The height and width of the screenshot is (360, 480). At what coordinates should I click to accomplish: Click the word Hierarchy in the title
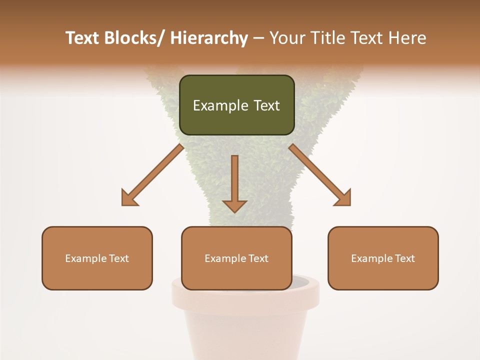[209, 38]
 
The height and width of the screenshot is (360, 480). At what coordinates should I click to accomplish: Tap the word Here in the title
[407, 38]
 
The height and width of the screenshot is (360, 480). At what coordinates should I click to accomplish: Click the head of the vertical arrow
[234, 205]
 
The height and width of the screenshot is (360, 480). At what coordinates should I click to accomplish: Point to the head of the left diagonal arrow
[129, 198]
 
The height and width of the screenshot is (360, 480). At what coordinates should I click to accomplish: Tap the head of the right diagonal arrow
[343, 198]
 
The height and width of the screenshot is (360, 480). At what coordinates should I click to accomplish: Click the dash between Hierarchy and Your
[258, 38]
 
